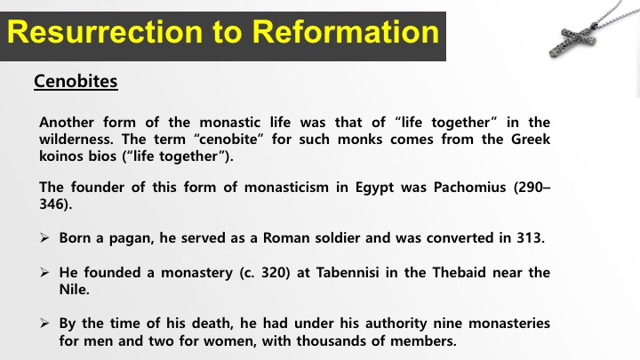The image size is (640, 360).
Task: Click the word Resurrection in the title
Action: [x=105, y=32]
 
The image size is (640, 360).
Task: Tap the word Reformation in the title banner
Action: [x=345, y=32]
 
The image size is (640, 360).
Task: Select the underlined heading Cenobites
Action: [x=76, y=81]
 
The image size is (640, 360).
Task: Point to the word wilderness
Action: [x=76, y=140]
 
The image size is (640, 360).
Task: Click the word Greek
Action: [x=530, y=140]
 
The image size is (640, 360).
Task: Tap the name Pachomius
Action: [x=470, y=187]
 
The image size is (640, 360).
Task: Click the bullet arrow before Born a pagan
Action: [x=44, y=237]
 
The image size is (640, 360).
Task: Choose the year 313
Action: [x=529, y=237]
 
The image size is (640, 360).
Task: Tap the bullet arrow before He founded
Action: [x=44, y=272]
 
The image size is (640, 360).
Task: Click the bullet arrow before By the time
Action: [x=44, y=324]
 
